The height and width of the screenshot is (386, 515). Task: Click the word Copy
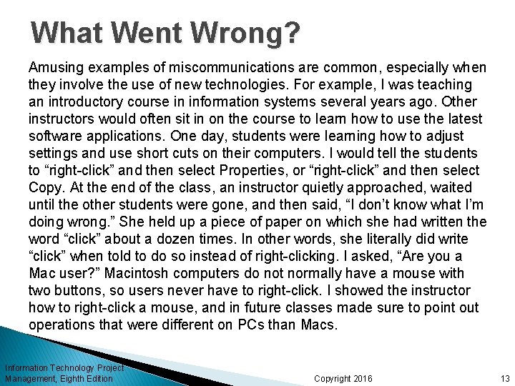click(x=45, y=187)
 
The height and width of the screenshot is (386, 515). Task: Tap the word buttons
click(x=82, y=290)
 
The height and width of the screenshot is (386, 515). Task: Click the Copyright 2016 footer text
click(x=343, y=378)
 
